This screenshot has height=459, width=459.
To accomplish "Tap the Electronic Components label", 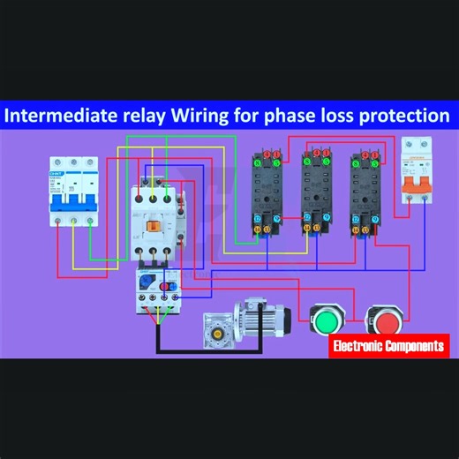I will (x=388, y=346).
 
